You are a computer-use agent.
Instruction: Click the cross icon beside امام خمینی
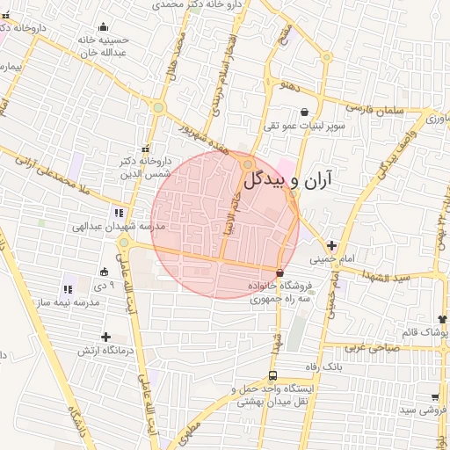point(331,245)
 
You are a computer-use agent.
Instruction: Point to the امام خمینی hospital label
point(331,260)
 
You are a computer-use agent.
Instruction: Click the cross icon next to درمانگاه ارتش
point(105,337)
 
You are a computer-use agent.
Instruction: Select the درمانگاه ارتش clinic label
point(105,352)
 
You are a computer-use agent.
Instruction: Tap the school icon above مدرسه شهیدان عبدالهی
point(118,212)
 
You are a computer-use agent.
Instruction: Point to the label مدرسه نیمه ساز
point(74,302)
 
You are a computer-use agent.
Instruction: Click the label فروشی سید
point(420,410)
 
